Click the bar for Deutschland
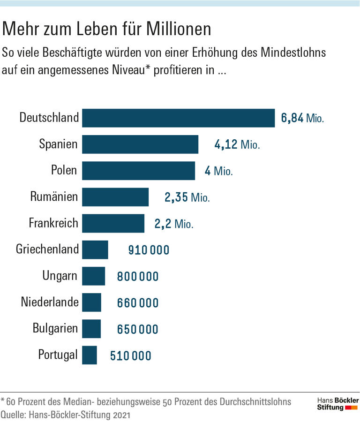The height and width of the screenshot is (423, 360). [178, 118]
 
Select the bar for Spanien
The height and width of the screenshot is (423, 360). [140, 144]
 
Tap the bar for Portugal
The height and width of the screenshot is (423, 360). [89, 355]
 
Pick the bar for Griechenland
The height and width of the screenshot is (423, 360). [95, 249]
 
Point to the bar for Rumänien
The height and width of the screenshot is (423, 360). [115, 197]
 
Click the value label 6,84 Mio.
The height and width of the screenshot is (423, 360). [302, 118]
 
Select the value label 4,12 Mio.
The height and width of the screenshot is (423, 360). [237, 145]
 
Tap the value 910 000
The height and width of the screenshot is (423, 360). [149, 250]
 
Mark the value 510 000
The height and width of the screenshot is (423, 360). [131, 356]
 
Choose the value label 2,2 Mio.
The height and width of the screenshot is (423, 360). [173, 224]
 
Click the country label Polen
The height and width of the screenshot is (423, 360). [64, 170]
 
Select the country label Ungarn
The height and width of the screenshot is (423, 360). [60, 275]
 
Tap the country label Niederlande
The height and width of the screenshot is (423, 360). [50, 302]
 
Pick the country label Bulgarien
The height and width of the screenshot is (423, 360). [55, 328]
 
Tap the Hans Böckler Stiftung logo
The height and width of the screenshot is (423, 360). [337, 404]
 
